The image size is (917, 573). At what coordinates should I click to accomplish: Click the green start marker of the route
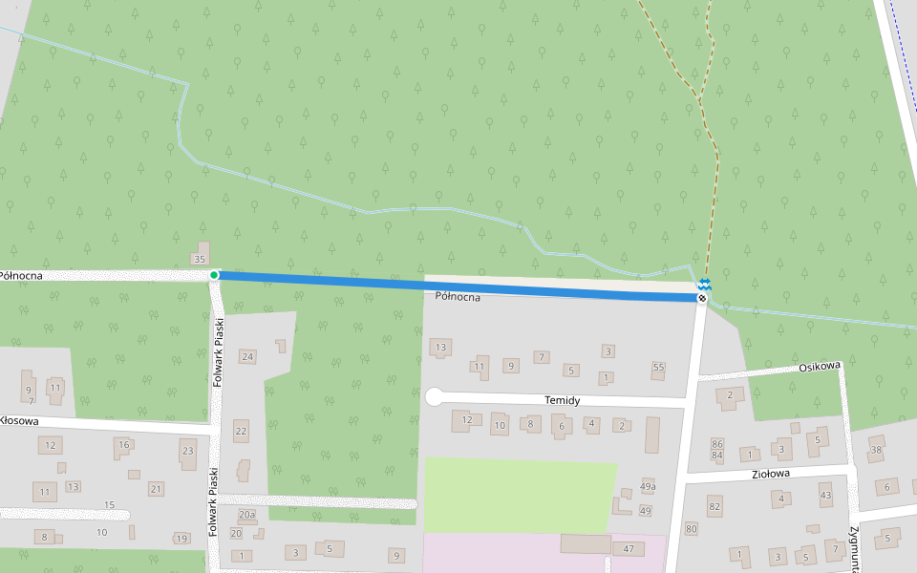pos(214,275)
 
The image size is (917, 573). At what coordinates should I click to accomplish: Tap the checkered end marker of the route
pos(702,299)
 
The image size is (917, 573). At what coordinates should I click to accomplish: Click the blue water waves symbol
pos(704,284)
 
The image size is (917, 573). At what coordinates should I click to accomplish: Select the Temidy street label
pos(562,401)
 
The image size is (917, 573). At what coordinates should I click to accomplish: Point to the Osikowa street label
pos(820,366)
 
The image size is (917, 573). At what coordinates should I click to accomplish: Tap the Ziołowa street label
pos(770,474)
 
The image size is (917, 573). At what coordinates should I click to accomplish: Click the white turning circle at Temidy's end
pos(435,397)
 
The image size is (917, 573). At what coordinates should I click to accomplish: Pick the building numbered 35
pos(201,258)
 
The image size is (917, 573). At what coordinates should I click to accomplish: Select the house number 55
pos(658,367)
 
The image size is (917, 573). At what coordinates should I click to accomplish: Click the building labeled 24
pos(247,356)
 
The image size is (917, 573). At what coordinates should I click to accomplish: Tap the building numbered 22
pos(241,431)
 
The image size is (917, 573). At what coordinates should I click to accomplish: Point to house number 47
pos(629,549)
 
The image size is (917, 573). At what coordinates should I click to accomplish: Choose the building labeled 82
pos(714,505)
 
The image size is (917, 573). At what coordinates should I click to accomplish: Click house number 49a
pos(649,486)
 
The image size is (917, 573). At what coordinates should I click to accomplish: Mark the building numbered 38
pos(876,445)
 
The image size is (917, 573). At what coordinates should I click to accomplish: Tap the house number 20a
pos(246,515)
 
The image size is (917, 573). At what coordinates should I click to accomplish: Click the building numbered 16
pos(123,445)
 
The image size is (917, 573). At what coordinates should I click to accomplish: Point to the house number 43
pos(826,496)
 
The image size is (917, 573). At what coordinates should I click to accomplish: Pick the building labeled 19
pos(181,539)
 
